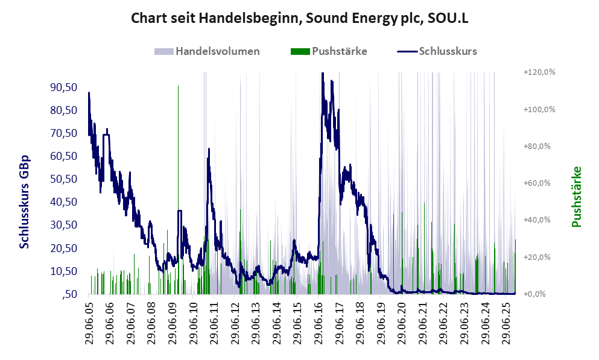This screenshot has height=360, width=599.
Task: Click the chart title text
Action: (x=300, y=19)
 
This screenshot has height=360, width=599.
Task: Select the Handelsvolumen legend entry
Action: (x=218, y=51)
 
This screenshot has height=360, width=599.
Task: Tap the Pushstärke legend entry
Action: (x=339, y=51)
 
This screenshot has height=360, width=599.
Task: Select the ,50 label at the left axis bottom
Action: (x=69, y=294)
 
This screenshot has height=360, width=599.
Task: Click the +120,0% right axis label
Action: (x=539, y=72)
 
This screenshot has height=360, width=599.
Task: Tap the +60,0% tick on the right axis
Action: (x=539, y=183)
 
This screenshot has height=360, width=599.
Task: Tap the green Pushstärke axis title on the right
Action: (x=576, y=197)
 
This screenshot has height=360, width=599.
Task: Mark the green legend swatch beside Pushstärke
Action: (x=300, y=51)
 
